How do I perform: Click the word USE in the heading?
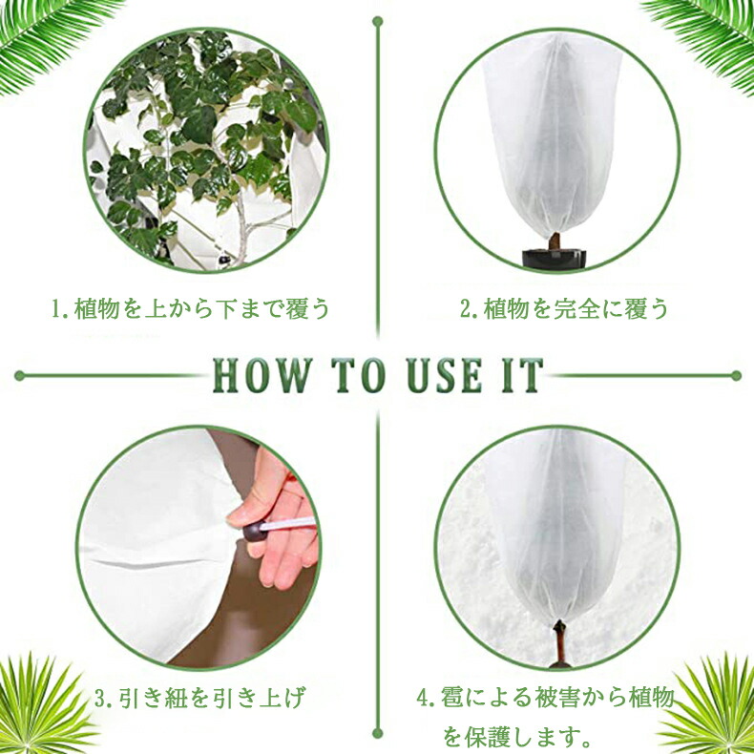click(445, 375)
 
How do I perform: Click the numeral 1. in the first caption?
click(60, 308)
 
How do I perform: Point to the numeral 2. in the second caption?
click(469, 308)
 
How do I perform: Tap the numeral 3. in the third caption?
click(104, 699)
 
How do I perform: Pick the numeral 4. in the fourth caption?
click(426, 699)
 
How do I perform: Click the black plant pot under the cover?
click(555, 259)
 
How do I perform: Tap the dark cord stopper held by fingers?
click(254, 532)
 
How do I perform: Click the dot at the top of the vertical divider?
click(378, 22)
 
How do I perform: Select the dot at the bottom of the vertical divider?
click(378, 733)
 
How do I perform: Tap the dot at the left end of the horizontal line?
click(20, 375)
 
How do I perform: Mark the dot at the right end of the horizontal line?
click(736, 375)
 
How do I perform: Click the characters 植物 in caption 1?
click(97, 308)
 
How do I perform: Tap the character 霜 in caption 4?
click(452, 699)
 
